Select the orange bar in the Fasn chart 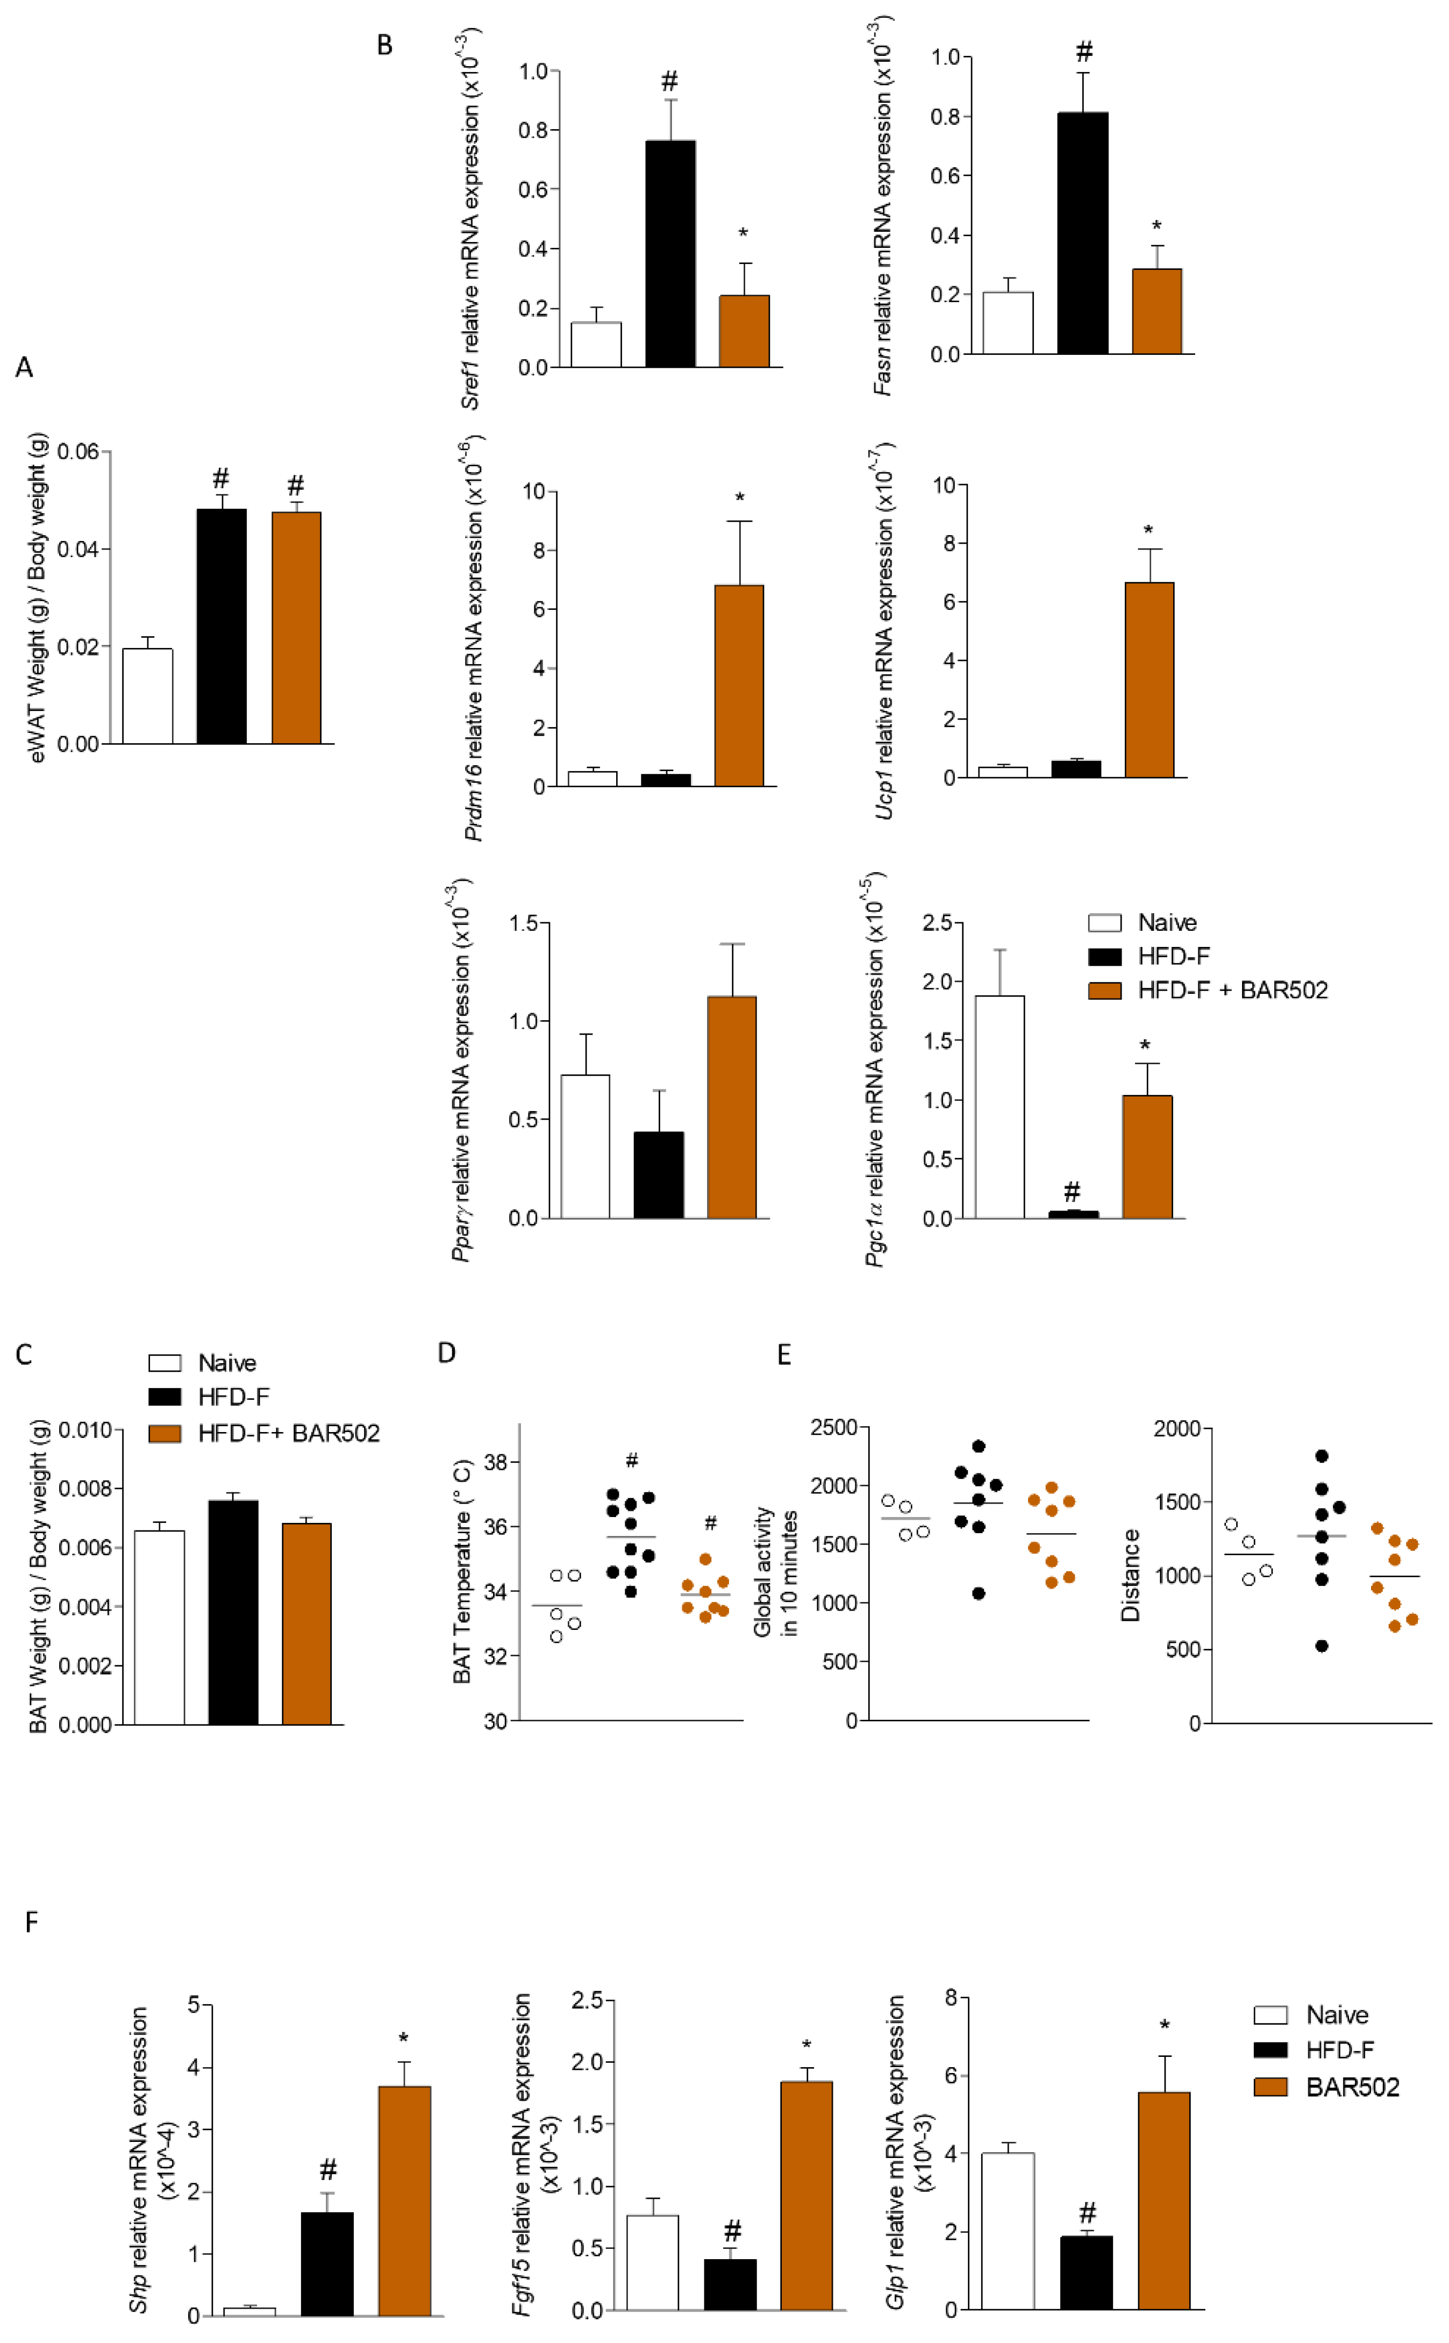tap(1157, 311)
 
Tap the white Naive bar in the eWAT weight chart tap(147, 697)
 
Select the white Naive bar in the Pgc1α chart tap(1000, 1107)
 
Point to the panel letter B tap(384, 45)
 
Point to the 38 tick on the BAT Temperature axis tap(496, 1462)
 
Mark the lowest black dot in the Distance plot tap(1322, 1646)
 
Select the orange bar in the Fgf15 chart tap(806, 2196)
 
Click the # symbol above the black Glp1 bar tap(1087, 2213)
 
